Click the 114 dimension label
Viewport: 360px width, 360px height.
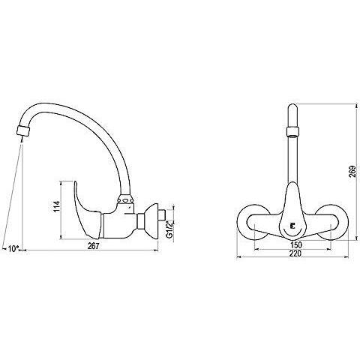[x=57, y=206]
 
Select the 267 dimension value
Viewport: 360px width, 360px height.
[x=93, y=246]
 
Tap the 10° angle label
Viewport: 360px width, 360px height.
[x=13, y=249]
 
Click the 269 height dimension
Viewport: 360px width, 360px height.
[x=352, y=171]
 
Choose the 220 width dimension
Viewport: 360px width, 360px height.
[x=295, y=253]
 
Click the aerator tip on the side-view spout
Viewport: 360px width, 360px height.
[x=23, y=130]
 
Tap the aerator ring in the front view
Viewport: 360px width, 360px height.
[x=292, y=132]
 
